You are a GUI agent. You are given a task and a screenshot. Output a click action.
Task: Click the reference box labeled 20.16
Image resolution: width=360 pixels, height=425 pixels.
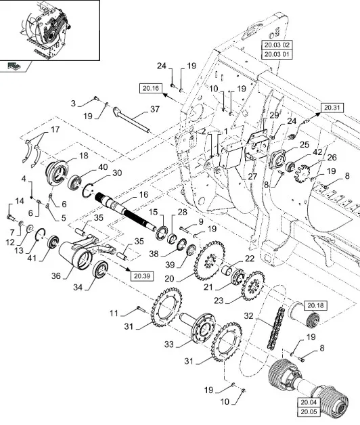tap(151, 89)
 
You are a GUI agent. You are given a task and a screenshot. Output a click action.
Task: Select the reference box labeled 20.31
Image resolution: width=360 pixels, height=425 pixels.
tap(332, 108)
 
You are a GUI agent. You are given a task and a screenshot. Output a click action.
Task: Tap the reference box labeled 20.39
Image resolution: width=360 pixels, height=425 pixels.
tap(142, 276)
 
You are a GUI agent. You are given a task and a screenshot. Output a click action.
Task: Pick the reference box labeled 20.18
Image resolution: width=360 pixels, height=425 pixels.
tap(315, 305)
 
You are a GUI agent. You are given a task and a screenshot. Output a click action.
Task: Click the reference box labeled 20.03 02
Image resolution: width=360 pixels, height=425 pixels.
tap(277, 45)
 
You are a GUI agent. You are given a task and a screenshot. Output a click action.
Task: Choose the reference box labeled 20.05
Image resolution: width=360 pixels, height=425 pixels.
tap(309, 411)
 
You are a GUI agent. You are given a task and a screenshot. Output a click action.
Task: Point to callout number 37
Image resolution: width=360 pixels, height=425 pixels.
tap(155, 109)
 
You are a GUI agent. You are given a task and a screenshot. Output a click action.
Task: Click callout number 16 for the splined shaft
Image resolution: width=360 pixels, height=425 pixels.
tap(143, 195)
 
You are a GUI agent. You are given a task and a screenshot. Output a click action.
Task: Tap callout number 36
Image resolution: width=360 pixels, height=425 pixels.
tap(56, 275)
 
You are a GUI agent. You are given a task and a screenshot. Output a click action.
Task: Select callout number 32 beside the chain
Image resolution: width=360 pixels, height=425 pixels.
tap(248, 316)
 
